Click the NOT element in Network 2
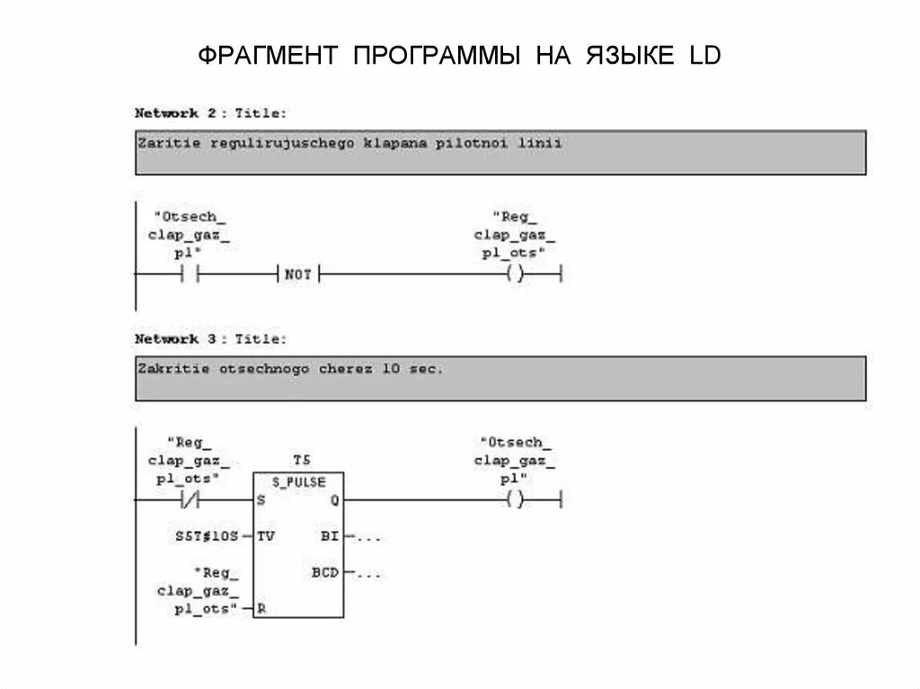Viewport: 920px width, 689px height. (x=297, y=275)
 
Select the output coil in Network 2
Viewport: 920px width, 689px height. (x=514, y=275)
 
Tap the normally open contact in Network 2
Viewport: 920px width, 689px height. (x=190, y=275)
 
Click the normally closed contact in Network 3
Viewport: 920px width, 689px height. (x=190, y=499)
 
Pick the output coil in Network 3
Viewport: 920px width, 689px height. (x=514, y=499)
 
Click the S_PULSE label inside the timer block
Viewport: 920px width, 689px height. (x=299, y=482)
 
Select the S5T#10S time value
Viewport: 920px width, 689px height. (x=207, y=536)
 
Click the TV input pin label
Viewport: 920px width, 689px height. (x=266, y=536)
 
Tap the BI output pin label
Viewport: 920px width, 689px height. (x=330, y=536)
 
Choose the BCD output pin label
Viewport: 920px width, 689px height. (x=325, y=571)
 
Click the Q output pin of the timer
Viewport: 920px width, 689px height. (x=334, y=500)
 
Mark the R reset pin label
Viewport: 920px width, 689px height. (x=261, y=608)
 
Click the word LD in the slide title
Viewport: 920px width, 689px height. (x=705, y=57)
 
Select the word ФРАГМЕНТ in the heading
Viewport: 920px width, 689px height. (x=267, y=57)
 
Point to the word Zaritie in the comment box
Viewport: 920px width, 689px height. (x=169, y=142)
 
